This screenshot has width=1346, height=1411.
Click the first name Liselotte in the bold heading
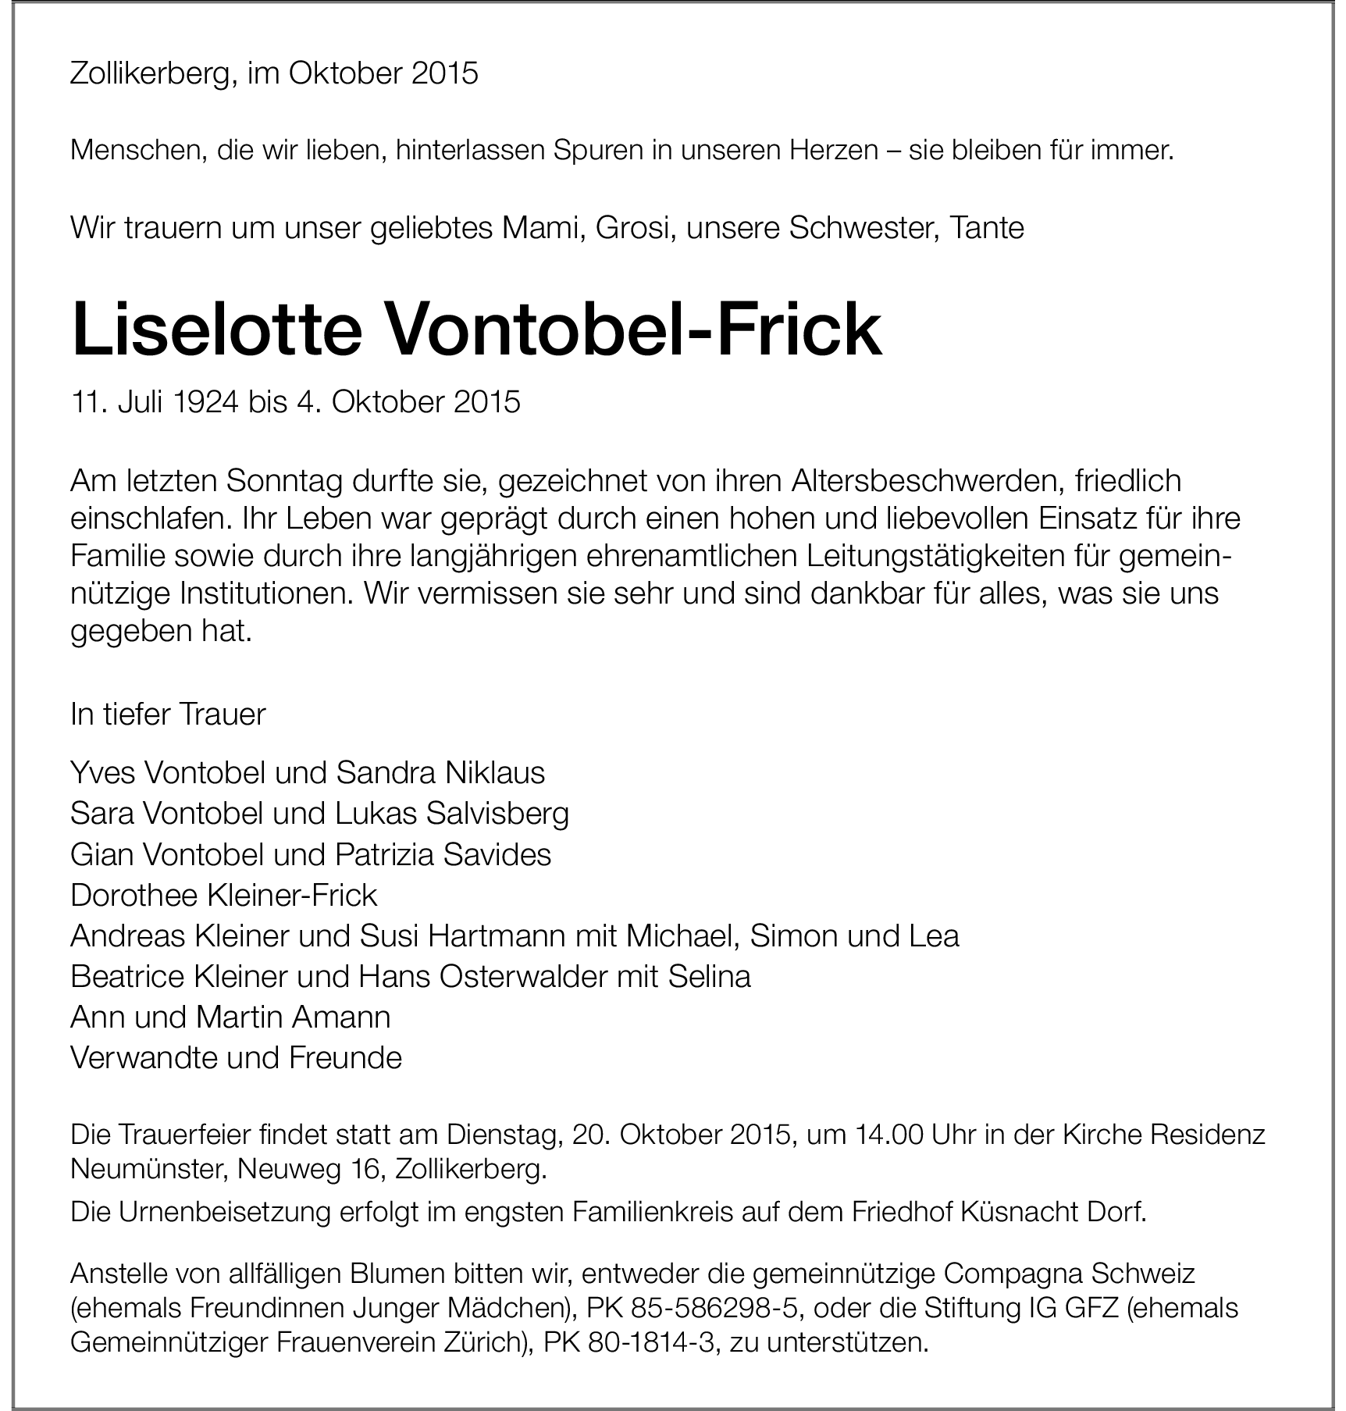pos(216,331)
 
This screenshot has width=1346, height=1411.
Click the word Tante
pos(986,228)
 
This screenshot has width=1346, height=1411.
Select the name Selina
pos(709,976)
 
